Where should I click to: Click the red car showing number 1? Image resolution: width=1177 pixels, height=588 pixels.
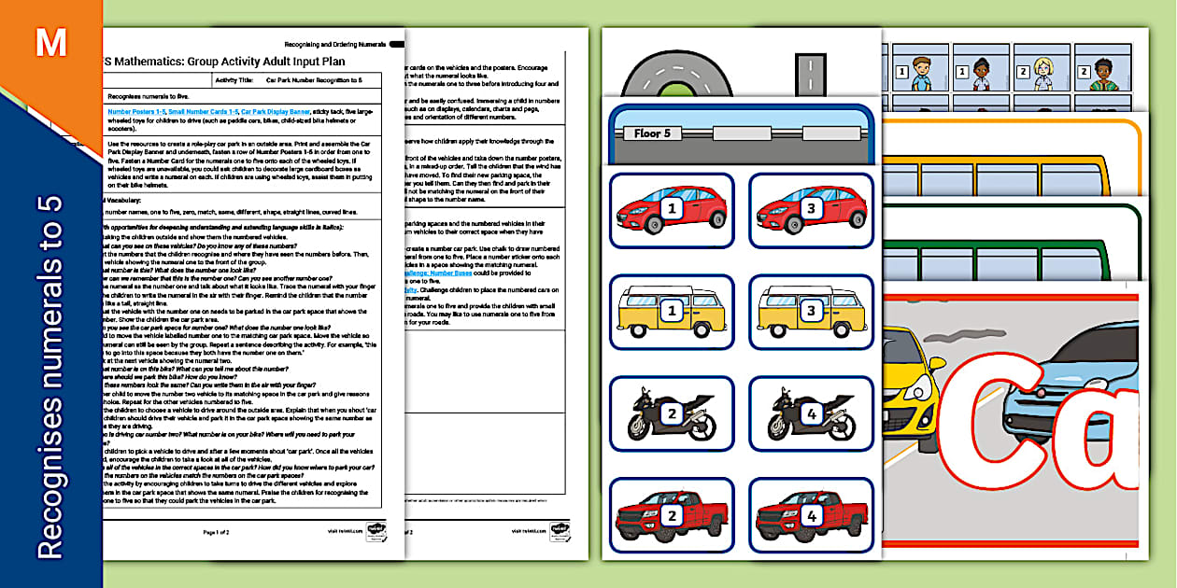(671, 210)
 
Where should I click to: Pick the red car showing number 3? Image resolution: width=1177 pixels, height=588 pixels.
(810, 210)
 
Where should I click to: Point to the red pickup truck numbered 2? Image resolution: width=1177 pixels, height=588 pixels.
(671, 515)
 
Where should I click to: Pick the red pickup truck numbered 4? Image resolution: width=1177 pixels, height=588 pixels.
(810, 515)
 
